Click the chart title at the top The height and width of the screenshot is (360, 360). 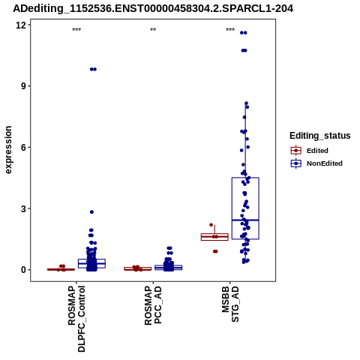(x=153, y=8)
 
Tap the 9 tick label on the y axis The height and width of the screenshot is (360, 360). (x=23, y=86)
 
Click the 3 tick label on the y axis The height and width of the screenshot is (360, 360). (x=23, y=208)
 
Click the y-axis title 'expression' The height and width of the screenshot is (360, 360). (x=8, y=150)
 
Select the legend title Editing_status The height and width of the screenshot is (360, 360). (x=320, y=136)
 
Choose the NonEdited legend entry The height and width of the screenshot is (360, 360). (x=316, y=163)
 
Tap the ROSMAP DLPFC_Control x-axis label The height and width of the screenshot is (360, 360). (x=76, y=319)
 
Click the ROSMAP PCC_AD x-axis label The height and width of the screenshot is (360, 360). (x=153, y=305)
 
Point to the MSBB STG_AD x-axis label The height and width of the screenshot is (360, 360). (x=230, y=304)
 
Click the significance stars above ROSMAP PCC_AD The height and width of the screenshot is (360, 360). (x=153, y=30)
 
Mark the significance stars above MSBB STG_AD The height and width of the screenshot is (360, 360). (x=230, y=30)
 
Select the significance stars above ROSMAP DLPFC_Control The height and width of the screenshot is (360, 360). (x=76, y=30)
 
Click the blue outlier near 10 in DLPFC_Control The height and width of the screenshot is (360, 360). (x=93, y=69)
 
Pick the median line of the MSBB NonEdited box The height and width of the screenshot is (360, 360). (x=245, y=220)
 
